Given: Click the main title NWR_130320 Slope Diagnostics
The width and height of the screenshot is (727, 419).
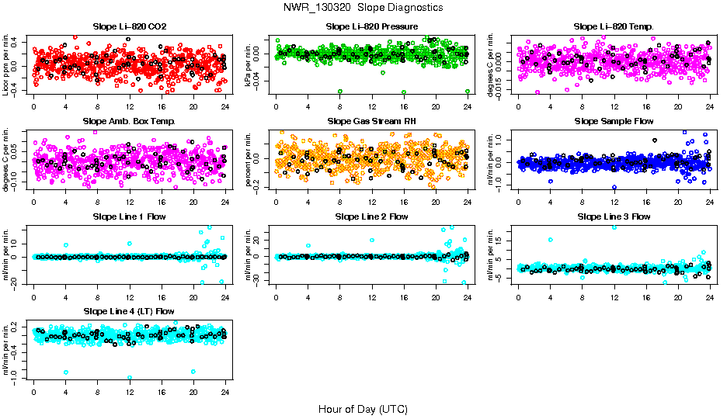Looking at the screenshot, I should [x=363, y=7].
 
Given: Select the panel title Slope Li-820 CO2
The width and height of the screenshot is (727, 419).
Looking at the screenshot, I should [x=129, y=26].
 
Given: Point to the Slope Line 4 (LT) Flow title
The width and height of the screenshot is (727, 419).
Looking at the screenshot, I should [x=129, y=311].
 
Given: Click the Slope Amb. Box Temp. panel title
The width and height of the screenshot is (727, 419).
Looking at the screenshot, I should [x=129, y=121].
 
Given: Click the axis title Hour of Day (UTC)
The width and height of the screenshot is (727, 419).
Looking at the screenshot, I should [x=363, y=408].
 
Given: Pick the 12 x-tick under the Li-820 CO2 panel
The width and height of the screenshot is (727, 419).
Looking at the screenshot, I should [x=129, y=107].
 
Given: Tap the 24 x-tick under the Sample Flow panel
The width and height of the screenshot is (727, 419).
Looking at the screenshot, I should [x=709, y=202].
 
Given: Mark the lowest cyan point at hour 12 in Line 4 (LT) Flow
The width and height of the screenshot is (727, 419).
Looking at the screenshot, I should [x=130, y=378].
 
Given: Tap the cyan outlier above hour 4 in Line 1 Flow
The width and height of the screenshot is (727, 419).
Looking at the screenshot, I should [x=66, y=245].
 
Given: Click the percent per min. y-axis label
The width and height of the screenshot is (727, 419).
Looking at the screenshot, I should [x=250, y=159].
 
